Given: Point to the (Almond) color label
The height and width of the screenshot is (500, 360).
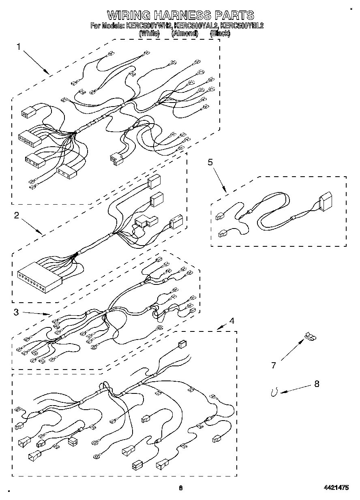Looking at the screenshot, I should [184, 34].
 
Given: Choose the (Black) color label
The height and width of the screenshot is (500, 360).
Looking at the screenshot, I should [220, 34].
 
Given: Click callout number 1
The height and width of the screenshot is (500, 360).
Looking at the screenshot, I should [18, 47].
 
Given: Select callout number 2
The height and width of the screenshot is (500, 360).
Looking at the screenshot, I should [16, 216].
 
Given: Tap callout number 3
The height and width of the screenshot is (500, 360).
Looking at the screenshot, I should [16, 312].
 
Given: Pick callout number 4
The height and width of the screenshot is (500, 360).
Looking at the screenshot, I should [231, 321].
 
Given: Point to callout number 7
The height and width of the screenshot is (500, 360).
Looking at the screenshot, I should [273, 365].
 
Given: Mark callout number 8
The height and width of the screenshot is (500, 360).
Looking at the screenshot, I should [317, 384].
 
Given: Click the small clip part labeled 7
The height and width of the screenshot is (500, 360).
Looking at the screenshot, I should [310, 336].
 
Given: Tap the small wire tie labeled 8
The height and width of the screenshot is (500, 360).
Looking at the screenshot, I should [274, 391].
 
